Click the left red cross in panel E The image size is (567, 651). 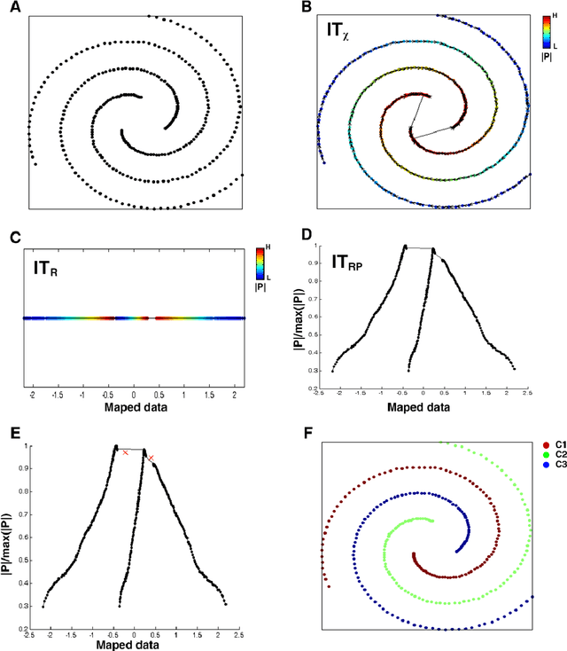click(x=126, y=452)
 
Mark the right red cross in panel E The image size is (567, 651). click(x=151, y=459)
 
